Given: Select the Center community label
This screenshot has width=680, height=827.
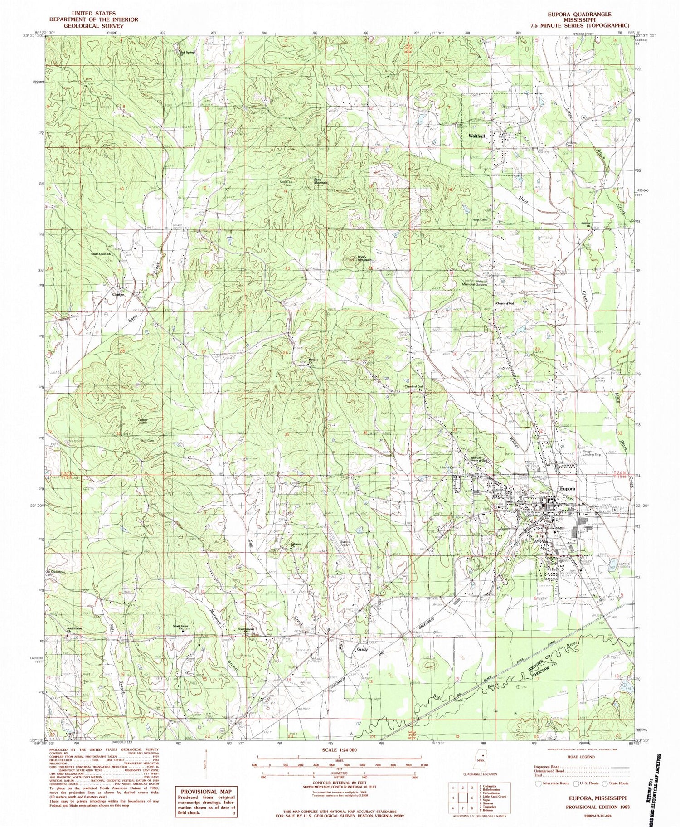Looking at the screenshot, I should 118,294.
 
